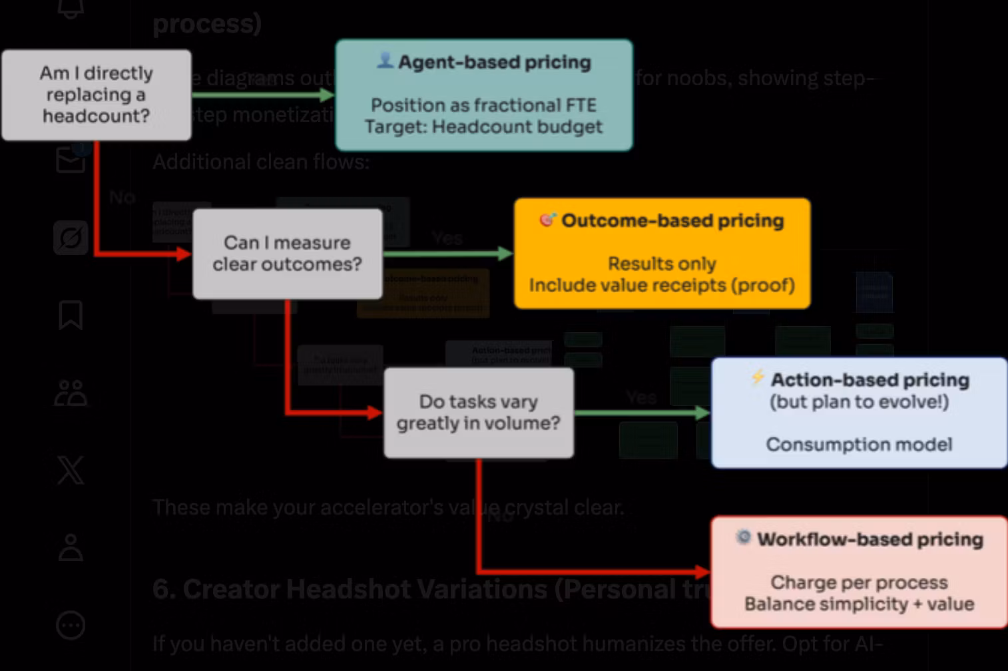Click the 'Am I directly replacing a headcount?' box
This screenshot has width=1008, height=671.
point(97,95)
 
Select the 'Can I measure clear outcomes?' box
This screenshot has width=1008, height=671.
point(287,254)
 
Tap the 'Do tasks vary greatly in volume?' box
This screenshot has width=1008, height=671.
point(478,413)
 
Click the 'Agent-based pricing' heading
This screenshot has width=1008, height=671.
point(494,62)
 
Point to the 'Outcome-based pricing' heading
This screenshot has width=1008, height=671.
point(672,220)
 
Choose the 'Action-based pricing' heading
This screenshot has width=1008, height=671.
point(870,379)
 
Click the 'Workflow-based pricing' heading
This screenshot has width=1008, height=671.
point(870,539)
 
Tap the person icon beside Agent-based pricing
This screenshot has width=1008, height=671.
point(385,61)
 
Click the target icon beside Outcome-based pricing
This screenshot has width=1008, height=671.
point(547,219)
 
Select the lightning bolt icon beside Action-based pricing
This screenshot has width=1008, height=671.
point(757,377)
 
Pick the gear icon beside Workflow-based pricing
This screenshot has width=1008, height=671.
point(743,537)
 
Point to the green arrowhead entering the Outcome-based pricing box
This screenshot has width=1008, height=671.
point(505,254)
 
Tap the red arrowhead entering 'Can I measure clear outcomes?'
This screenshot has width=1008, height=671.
point(184,254)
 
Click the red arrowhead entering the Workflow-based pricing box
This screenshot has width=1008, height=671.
point(702,571)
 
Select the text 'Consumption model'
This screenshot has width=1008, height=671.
point(859,444)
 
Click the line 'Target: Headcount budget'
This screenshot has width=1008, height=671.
point(483,126)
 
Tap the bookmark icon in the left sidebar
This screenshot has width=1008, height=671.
point(71,316)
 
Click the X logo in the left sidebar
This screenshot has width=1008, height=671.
point(71,470)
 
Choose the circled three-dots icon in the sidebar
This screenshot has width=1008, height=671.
point(71,625)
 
